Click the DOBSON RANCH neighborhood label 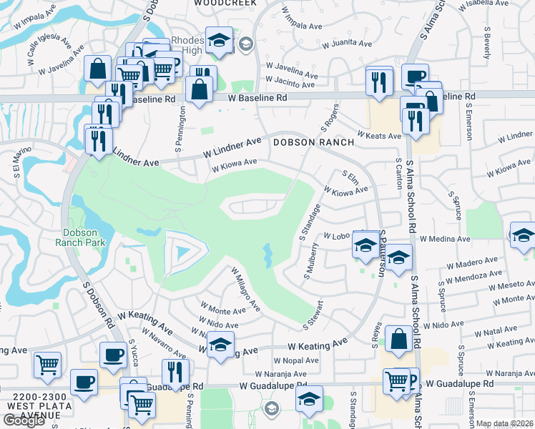tap(313, 142)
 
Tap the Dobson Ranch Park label tap(84, 237)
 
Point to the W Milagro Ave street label tap(245, 288)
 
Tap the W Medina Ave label tap(445, 239)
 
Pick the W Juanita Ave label tap(346, 44)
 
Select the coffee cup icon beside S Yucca tap(113, 355)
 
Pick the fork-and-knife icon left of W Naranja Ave tap(175, 371)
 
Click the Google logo tap(24, 420)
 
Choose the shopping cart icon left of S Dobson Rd tap(48, 365)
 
